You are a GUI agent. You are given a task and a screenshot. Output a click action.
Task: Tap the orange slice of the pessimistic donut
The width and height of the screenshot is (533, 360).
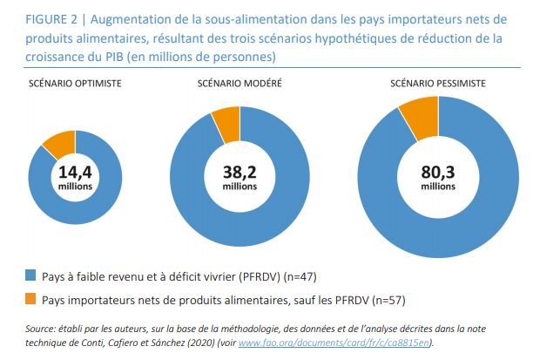(419, 120)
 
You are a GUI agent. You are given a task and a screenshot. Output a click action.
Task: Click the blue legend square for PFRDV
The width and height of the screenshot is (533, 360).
(30, 276)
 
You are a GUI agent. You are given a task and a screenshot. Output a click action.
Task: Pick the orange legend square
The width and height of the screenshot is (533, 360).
(30, 302)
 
